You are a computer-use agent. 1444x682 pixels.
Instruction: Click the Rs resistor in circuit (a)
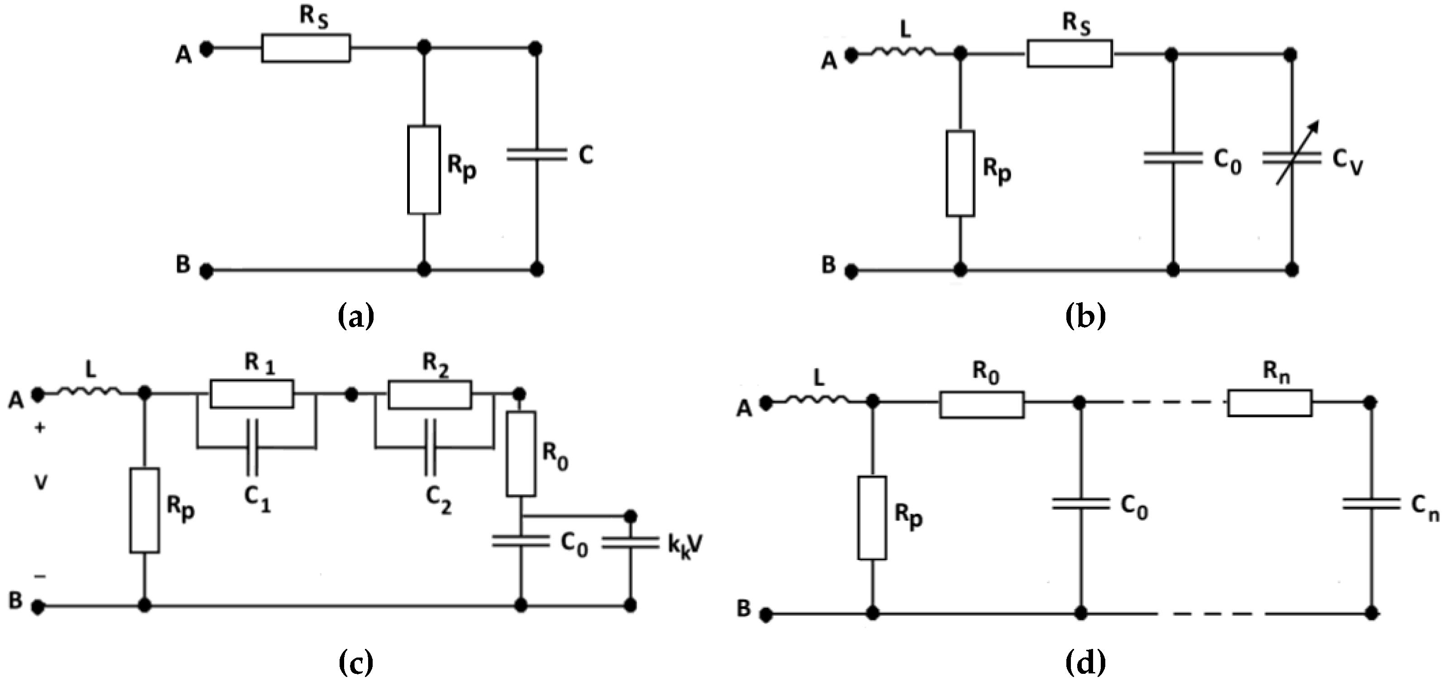click(306, 48)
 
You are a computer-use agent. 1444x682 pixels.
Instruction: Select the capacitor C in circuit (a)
click(537, 155)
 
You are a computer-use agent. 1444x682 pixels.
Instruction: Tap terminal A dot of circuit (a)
click(207, 49)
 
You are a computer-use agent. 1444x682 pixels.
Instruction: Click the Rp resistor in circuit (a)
click(424, 169)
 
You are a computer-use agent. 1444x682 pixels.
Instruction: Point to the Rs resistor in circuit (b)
click(1070, 54)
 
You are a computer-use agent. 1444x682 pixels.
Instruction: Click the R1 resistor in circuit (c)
click(252, 394)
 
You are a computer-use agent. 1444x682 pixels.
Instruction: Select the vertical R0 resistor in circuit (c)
click(521, 453)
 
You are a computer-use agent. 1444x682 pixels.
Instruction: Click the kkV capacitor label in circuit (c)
click(685, 546)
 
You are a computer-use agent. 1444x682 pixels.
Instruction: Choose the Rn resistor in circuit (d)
click(1270, 403)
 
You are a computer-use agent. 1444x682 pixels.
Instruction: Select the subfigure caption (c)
click(356, 663)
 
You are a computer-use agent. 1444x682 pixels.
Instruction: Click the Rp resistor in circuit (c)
click(144, 510)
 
